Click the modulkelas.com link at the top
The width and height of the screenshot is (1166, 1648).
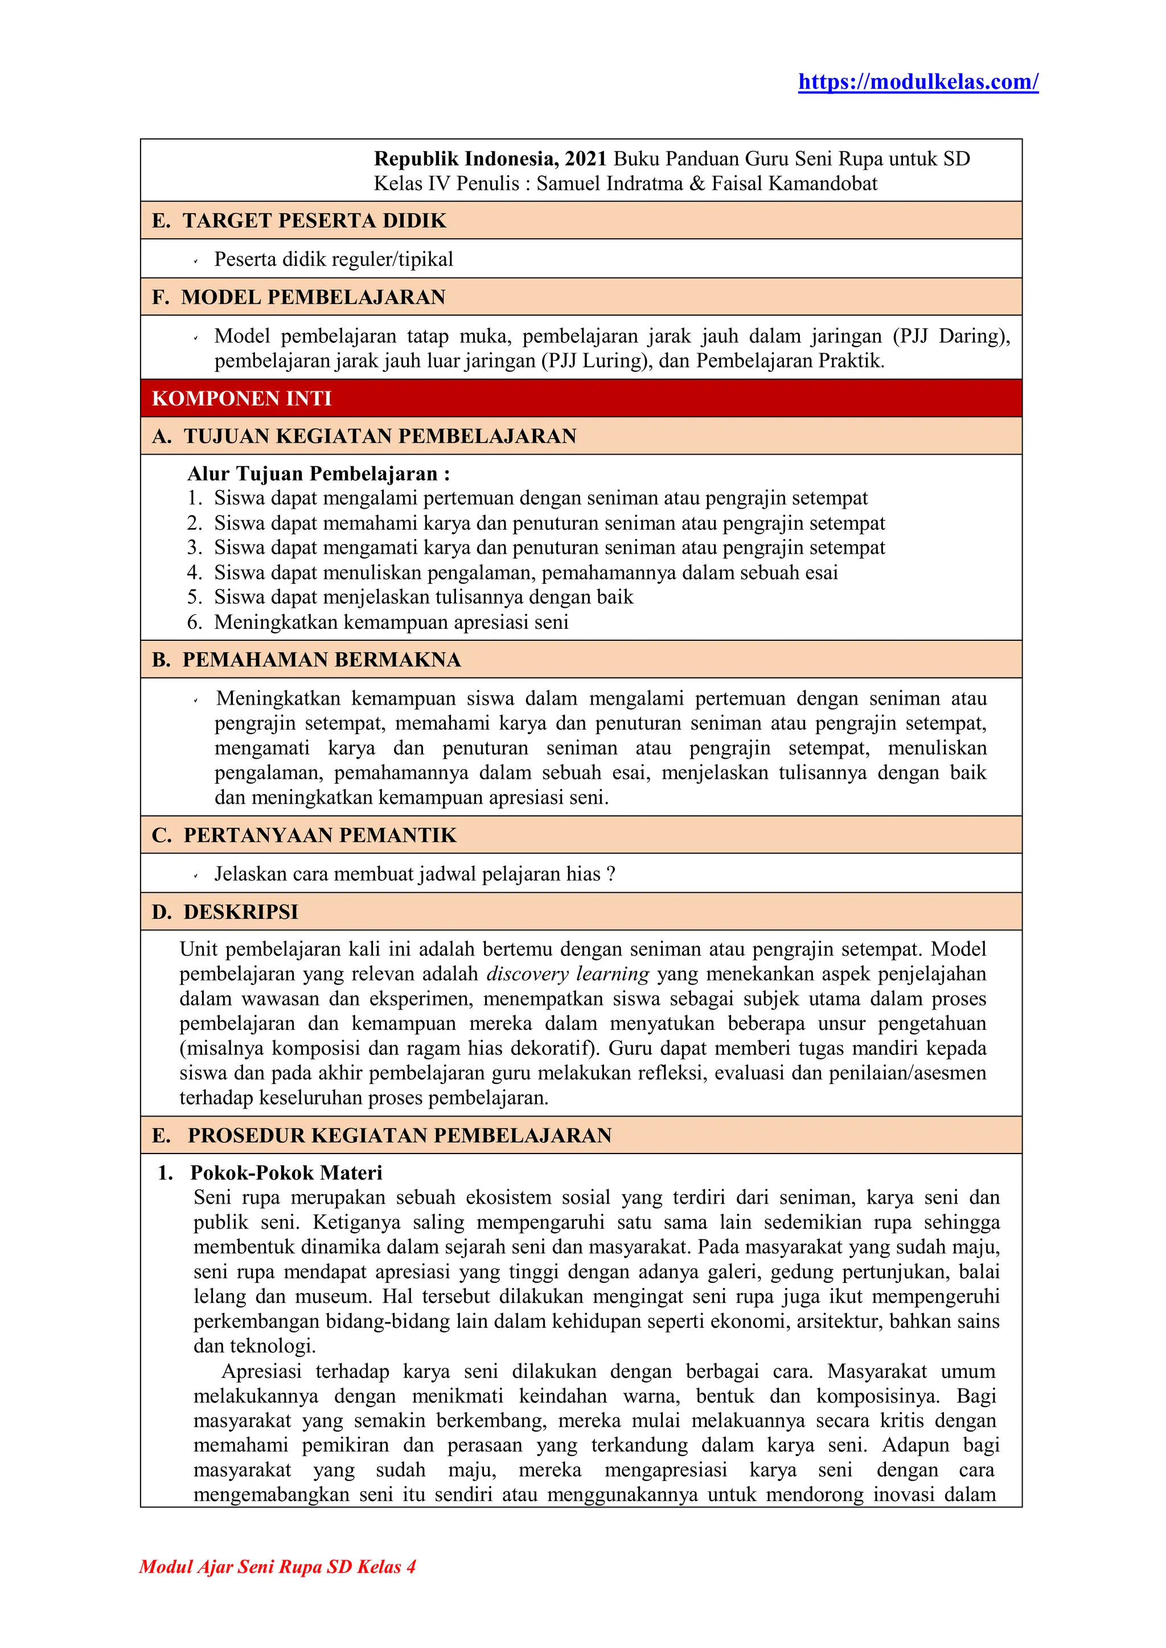pyautogui.click(x=918, y=82)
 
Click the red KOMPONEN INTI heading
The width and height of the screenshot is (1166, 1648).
pyautogui.click(x=242, y=399)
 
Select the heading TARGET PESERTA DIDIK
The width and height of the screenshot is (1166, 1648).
pyautogui.click(x=314, y=220)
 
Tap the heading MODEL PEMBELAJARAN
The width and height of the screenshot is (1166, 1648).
pyautogui.click(x=313, y=297)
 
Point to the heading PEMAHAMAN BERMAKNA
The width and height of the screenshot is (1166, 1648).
pyautogui.click(x=321, y=660)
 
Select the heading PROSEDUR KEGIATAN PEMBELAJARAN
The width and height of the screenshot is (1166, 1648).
pyautogui.click(x=399, y=1135)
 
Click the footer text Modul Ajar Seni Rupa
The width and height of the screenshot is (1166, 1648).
pyautogui.click(x=277, y=1567)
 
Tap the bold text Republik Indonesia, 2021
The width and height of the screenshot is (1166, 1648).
pyautogui.click(x=490, y=159)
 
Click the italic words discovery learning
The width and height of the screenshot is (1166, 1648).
pyautogui.click(x=567, y=974)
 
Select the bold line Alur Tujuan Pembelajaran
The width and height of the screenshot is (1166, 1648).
pyautogui.click(x=318, y=474)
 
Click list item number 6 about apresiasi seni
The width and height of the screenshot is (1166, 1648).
pyautogui.click(x=391, y=622)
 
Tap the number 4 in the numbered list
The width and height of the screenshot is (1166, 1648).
pyautogui.click(x=194, y=572)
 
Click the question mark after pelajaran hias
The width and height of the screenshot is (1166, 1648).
pyautogui.click(x=611, y=874)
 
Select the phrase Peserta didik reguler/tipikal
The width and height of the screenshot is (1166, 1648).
pyautogui.click(x=333, y=259)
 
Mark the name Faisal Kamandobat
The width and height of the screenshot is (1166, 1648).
pyautogui.click(x=794, y=184)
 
